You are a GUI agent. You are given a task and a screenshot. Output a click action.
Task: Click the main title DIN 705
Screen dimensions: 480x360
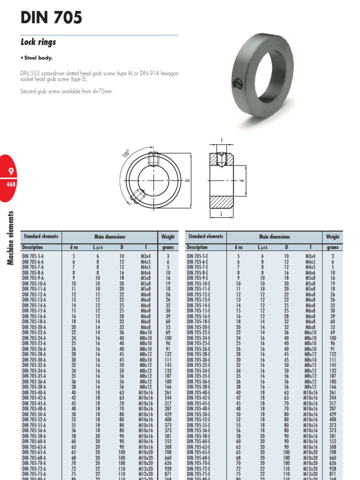tap(51, 18)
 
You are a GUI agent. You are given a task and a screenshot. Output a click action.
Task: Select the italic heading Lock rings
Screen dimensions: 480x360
tap(38, 42)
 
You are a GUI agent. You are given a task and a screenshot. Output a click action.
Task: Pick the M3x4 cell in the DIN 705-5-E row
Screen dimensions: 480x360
tap(310, 256)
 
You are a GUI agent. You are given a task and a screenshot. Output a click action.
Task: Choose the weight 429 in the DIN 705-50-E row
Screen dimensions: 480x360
tap(332, 414)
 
